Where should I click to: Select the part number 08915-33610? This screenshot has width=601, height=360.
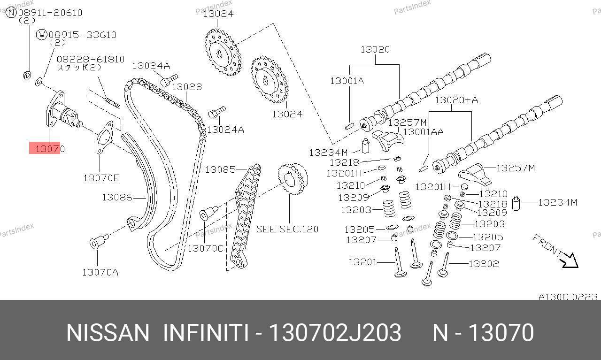click(83, 35)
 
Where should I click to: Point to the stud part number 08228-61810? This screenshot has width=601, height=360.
click(91, 59)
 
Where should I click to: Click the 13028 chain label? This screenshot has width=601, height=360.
click(187, 87)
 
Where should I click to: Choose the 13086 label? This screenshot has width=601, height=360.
click(117, 198)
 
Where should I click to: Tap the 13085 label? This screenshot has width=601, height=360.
click(221, 169)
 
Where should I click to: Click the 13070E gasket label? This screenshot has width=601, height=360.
click(101, 178)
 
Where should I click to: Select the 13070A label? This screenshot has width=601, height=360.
click(100, 272)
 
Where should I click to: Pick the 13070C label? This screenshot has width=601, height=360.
click(206, 248)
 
